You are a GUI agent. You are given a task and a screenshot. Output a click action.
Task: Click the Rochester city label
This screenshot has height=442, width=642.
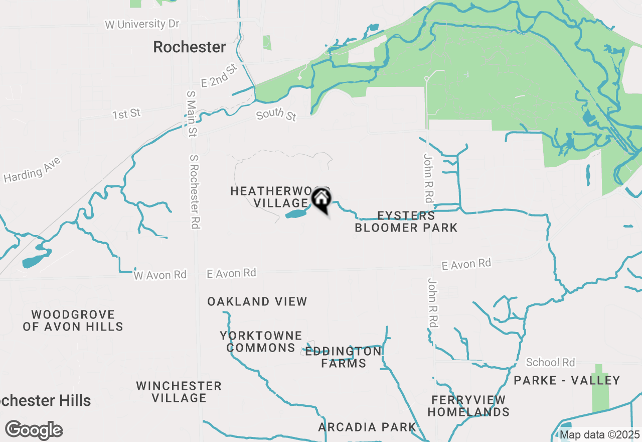click(189, 47)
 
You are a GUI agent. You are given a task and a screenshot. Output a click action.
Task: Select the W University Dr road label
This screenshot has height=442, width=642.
click(142, 24)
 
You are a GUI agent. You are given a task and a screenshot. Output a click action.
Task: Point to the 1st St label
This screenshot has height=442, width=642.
click(126, 114)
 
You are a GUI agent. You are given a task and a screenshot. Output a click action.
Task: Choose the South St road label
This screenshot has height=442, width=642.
click(276, 115)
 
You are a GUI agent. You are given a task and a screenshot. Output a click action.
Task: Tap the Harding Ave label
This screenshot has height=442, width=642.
click(32, 170)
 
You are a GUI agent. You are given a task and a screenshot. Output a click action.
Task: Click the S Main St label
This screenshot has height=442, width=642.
click(191, 114)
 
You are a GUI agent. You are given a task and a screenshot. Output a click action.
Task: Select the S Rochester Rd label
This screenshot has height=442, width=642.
click(195, 191)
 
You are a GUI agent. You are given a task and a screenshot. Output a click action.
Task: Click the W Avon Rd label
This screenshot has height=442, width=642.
click(160, 275)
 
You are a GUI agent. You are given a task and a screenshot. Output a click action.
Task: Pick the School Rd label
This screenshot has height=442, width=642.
click(550, 362)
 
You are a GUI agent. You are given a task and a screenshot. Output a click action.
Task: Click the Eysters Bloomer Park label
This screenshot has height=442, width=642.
click(406, 222)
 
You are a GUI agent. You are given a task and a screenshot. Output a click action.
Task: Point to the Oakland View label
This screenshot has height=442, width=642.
click(257, 301)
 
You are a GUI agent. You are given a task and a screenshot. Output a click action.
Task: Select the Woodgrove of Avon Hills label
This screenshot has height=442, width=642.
click(73, 320)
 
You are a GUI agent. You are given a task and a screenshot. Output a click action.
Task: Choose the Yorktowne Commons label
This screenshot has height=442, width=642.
click(261, 342)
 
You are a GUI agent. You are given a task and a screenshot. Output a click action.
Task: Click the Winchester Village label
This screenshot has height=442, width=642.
click(179, 392)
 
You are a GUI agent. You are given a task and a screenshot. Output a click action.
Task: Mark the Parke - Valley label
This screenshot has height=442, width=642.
click(567, 380)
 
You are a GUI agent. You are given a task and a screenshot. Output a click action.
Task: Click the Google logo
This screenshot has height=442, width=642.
click(34, 430)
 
